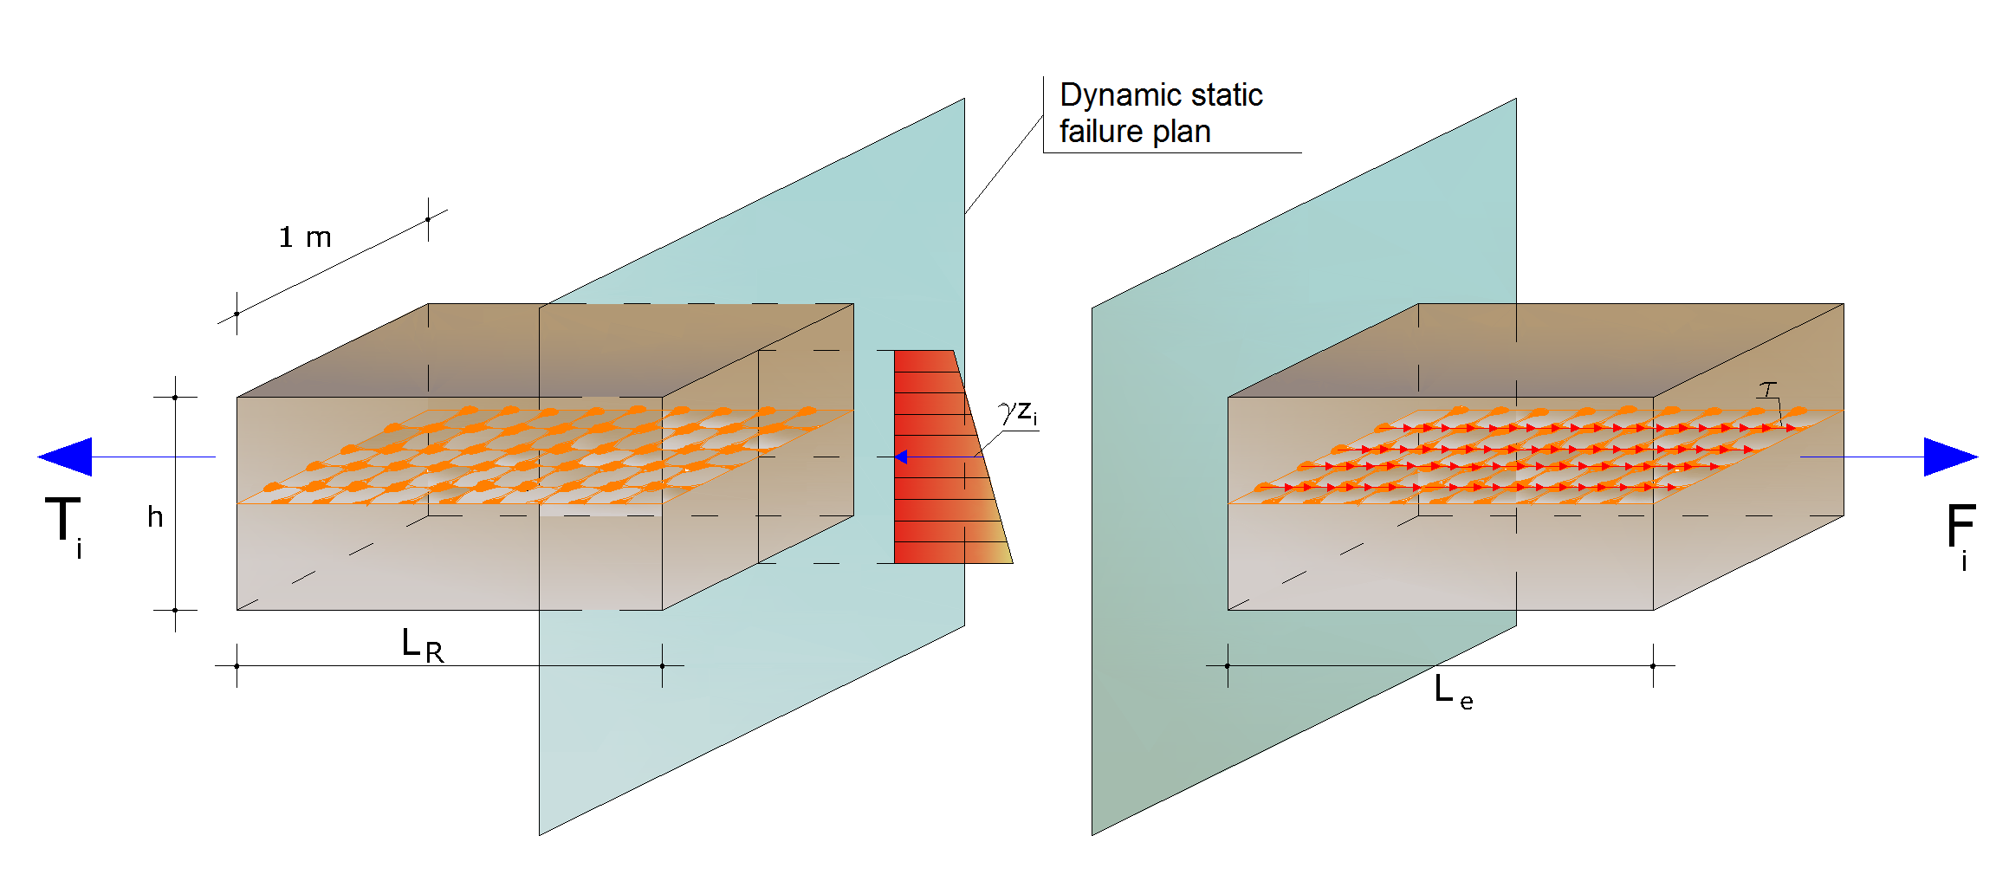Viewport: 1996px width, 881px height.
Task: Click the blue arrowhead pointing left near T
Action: (65, 457)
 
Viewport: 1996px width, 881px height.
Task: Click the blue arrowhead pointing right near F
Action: (1950, 457)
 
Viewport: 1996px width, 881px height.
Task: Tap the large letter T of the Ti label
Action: (62, 519)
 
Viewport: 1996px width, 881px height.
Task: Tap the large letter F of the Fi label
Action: (1960, 525)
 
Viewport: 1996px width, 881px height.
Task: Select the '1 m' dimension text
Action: (305, 237)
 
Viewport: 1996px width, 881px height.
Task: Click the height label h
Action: (155, 516)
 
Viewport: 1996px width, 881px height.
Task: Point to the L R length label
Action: (423, 645)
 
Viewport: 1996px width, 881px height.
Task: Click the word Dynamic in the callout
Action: (1118, 94)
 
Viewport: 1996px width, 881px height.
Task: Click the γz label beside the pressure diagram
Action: (1018, 412)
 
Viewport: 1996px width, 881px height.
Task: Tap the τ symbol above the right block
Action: (1767, 390)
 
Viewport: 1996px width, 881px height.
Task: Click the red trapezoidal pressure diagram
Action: (944, 457)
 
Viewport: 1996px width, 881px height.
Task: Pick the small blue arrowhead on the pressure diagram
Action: (901, 457)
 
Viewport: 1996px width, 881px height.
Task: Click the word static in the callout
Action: (1224, 94)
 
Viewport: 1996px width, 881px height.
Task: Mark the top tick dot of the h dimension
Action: (175, 397)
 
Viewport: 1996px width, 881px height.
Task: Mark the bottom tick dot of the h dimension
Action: (175, 610)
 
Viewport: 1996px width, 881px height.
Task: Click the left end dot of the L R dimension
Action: (237, 665)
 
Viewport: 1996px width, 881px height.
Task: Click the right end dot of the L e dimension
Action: (1653, 665)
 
